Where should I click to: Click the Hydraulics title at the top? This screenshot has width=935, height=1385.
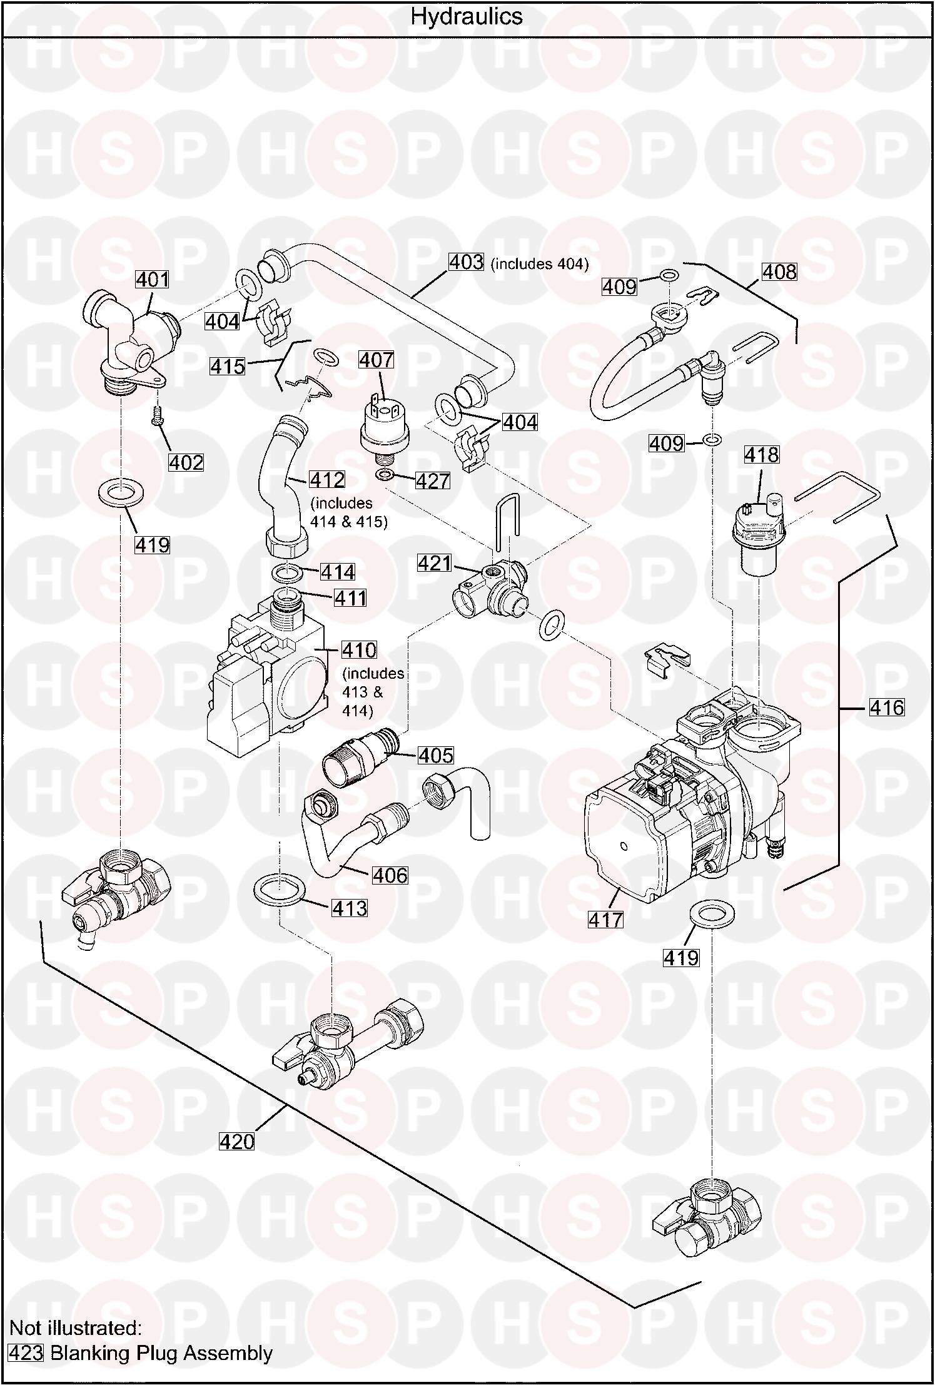(x=467, y=17)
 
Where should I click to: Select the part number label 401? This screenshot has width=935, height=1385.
(x=153, y=279)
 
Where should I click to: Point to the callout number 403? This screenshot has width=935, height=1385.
(x=467, y=262)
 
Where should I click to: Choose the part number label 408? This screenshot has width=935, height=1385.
(x=779, y=271)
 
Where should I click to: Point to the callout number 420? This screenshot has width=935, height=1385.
(x=237, y=1142)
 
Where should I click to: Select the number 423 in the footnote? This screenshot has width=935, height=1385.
(x=26, y=1354)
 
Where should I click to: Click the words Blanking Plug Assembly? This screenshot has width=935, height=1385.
(x=161, y=1354)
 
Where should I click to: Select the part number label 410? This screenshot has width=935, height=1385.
(x=359, y=650)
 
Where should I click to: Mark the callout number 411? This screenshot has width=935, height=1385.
(x=350, y=598)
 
